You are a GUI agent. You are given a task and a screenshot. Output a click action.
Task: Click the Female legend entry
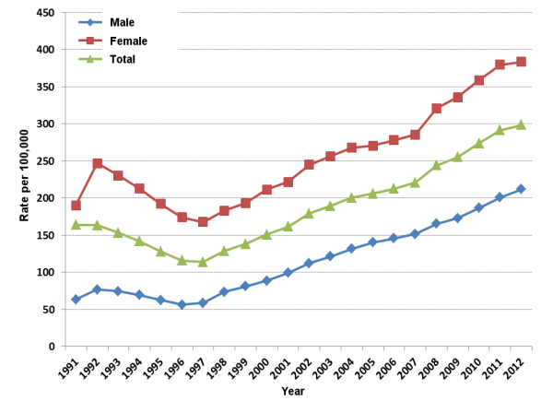coord(126,41)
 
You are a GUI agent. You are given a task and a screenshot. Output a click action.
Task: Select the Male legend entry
coord(120,22)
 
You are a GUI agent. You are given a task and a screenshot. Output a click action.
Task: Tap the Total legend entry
coord(122,59)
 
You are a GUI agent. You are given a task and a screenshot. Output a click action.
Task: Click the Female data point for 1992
coord(97,163)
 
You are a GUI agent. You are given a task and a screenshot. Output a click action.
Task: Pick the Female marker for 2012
coord(521,62)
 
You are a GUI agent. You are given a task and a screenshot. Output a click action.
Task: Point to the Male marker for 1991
coord(76,299)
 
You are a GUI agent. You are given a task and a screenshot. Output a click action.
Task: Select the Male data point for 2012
coord(521,189)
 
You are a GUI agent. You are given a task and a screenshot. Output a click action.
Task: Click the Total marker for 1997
coord(203,262)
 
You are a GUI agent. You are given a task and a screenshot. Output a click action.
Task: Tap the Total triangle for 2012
coord(521,124)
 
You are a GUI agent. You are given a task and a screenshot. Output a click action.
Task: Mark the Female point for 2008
coord(436,109)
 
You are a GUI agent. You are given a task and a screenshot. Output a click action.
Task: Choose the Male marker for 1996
coord(182,304)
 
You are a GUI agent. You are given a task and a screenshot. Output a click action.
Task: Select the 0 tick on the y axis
coord(52,347)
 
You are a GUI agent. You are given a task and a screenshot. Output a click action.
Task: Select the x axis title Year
coord(294,391)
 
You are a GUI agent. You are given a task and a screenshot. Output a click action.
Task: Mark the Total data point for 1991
coord(76,225)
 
